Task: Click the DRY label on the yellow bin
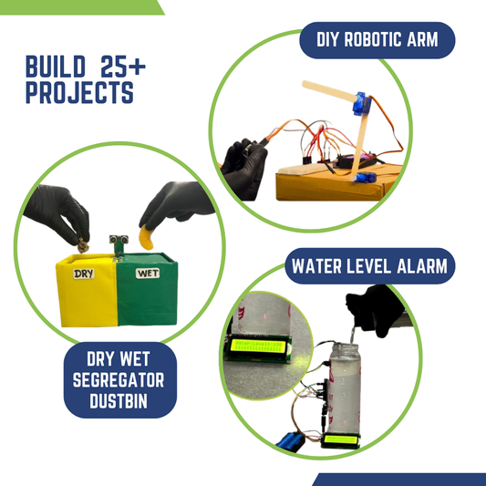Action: coord(84,273)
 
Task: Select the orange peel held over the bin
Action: coord(145,239)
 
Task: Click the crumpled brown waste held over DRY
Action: coord(80,243)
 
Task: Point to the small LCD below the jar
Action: coord(342,441)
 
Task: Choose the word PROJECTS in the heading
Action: coord(79,93)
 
